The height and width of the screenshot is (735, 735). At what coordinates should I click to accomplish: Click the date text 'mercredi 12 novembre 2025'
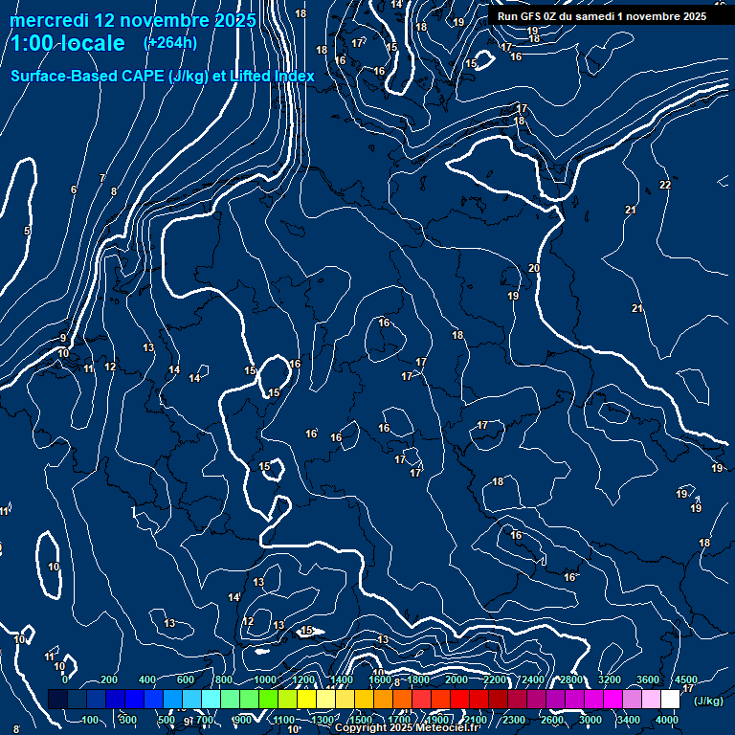tap(133, 20)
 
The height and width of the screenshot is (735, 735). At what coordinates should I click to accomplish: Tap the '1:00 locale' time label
tap(68, 43)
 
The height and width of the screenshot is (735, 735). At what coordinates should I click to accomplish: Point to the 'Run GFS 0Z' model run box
tap(602, 16)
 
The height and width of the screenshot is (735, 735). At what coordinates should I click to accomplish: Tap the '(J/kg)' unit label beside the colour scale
tap(708, 701)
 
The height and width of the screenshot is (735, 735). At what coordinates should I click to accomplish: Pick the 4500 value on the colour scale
tap(685, 679)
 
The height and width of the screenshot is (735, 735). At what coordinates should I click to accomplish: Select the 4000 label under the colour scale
tap(667, 720)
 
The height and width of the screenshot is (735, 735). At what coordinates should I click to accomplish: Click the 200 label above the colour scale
tap(109, 679)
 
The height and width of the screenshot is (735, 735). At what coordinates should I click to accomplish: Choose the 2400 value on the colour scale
tap(531, 679)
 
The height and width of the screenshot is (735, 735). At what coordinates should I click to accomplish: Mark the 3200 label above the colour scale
tap(609, 679)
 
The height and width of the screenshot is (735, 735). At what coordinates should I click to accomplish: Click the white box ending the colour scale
tap(670, 700)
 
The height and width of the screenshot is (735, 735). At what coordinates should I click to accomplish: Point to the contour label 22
tap(665, 185)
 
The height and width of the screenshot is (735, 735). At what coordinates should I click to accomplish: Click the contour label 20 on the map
tap(534, 269)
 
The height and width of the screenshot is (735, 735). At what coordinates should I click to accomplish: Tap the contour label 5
tap(27, 232)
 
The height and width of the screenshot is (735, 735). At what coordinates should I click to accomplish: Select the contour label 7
tap(102, 179)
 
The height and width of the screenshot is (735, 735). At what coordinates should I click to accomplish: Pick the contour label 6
tap(74, 190)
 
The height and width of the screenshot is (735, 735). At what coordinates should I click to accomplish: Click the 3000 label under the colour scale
tap(590, 720)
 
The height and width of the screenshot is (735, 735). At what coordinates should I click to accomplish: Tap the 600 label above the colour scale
tap(186, 679)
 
